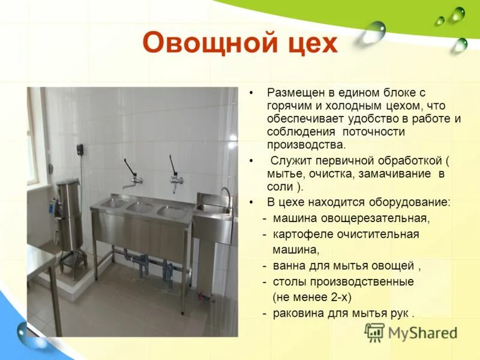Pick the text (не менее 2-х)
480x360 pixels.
(311, 297)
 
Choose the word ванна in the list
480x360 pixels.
(287, 265)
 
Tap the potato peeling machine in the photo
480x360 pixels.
(70, 216)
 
